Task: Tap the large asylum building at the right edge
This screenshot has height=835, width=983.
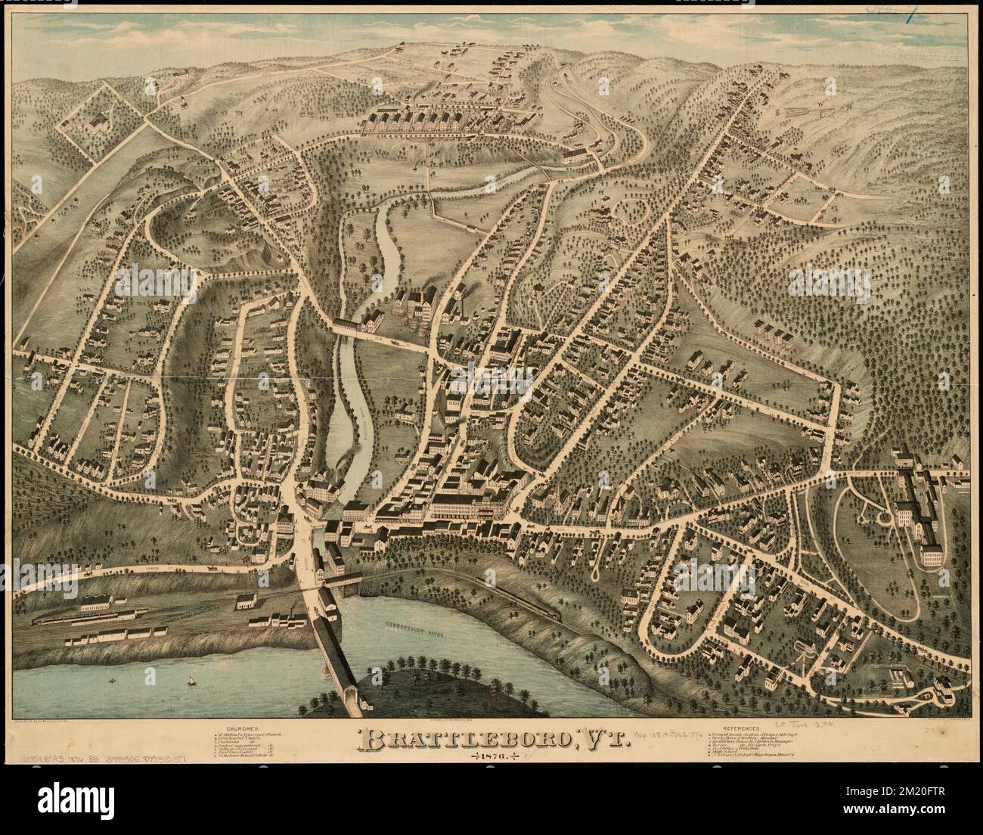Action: coord(919,514)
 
